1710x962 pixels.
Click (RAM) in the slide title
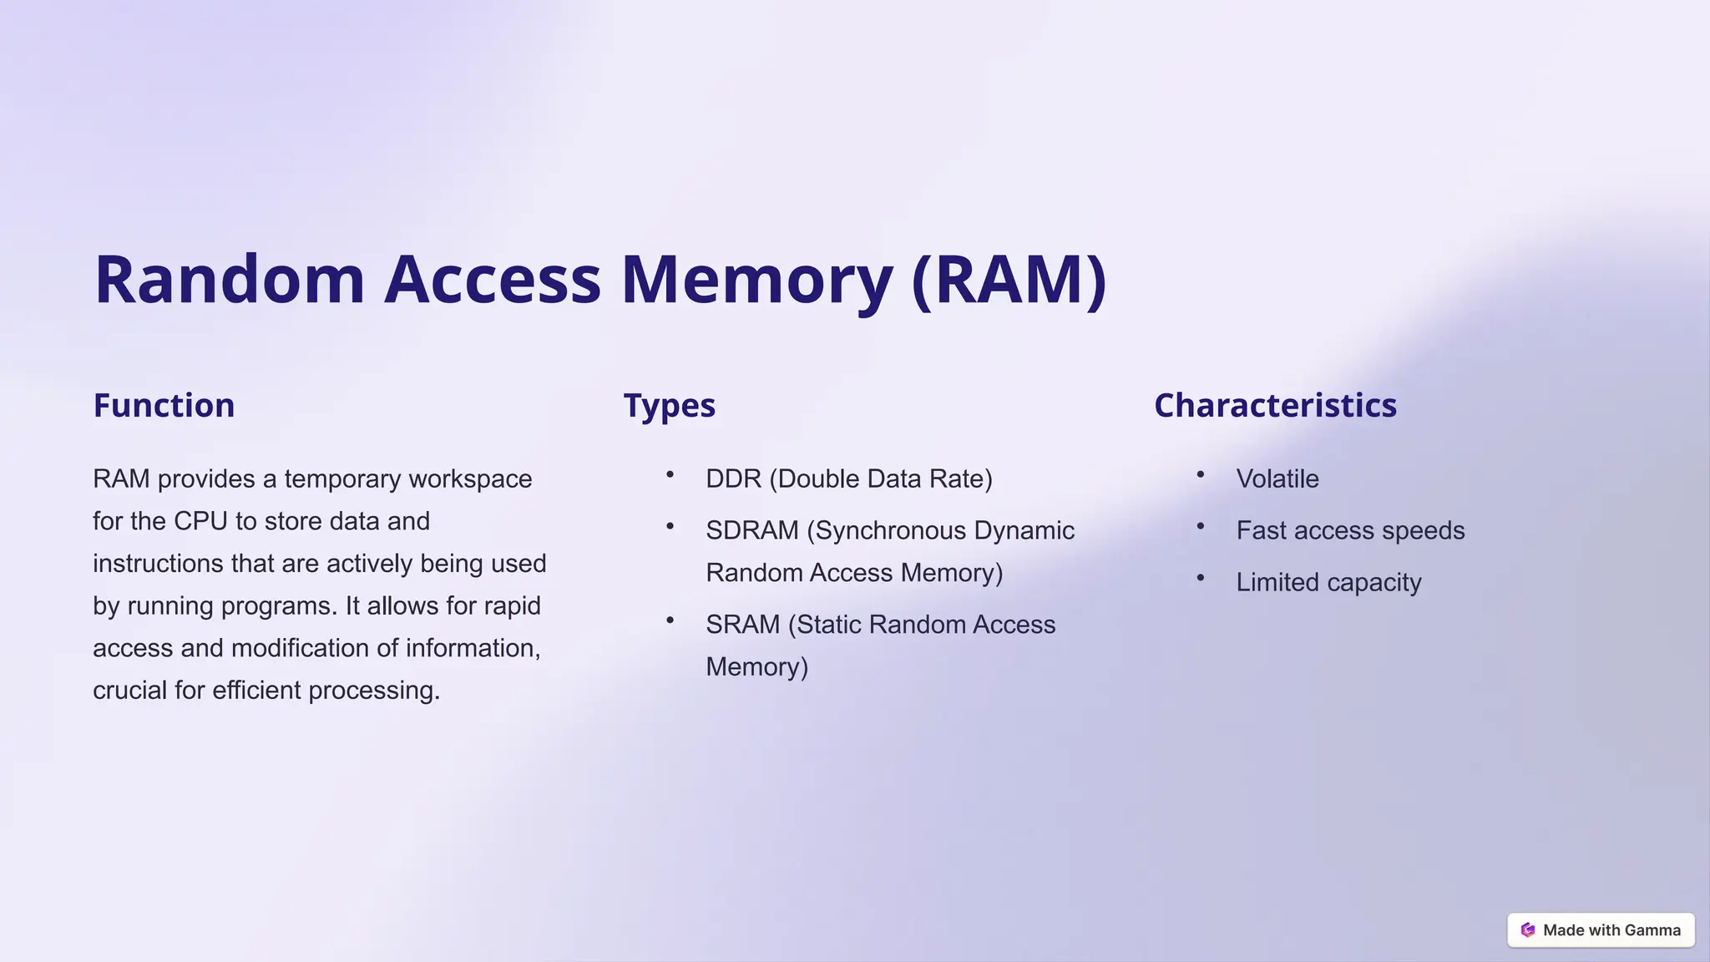[1009, 280]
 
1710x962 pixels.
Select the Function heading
[164, 406]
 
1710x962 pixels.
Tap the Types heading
[669, 406]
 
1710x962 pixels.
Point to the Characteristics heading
[1275, 406]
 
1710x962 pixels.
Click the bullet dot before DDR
[670, 474]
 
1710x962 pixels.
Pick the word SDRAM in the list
[751, 531]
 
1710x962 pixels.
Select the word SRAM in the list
[742, 625]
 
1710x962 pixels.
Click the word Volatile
[1277, 479]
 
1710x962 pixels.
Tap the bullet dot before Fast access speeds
[1201, 526]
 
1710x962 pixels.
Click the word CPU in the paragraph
[200, 521]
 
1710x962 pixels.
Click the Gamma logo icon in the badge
[1528, 930]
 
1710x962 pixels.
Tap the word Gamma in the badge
[1652, 930]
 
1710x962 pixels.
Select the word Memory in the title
[756, 280]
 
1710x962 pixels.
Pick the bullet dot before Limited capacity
[1201, 578]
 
